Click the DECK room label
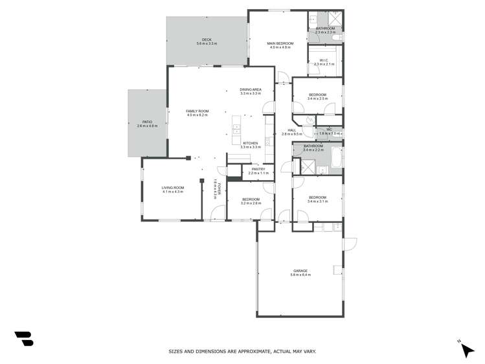[207, 40]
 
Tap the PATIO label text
[147, 122]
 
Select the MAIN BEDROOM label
[280, 43]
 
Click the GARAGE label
[300, 271]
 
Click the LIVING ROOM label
[173, 188]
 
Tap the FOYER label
[220, 189]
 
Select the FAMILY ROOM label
[197, 111]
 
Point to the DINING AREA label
[251, 89]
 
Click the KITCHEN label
[251, 143]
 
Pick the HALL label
[292, 130]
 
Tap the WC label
[329, 130]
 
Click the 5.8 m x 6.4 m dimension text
[300, 275]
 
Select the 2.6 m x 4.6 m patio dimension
[147, 126]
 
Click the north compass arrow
[466, 350]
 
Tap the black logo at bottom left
[24, 338]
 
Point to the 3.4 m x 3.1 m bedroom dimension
[317, 201]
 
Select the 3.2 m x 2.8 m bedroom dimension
[251, 203]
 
